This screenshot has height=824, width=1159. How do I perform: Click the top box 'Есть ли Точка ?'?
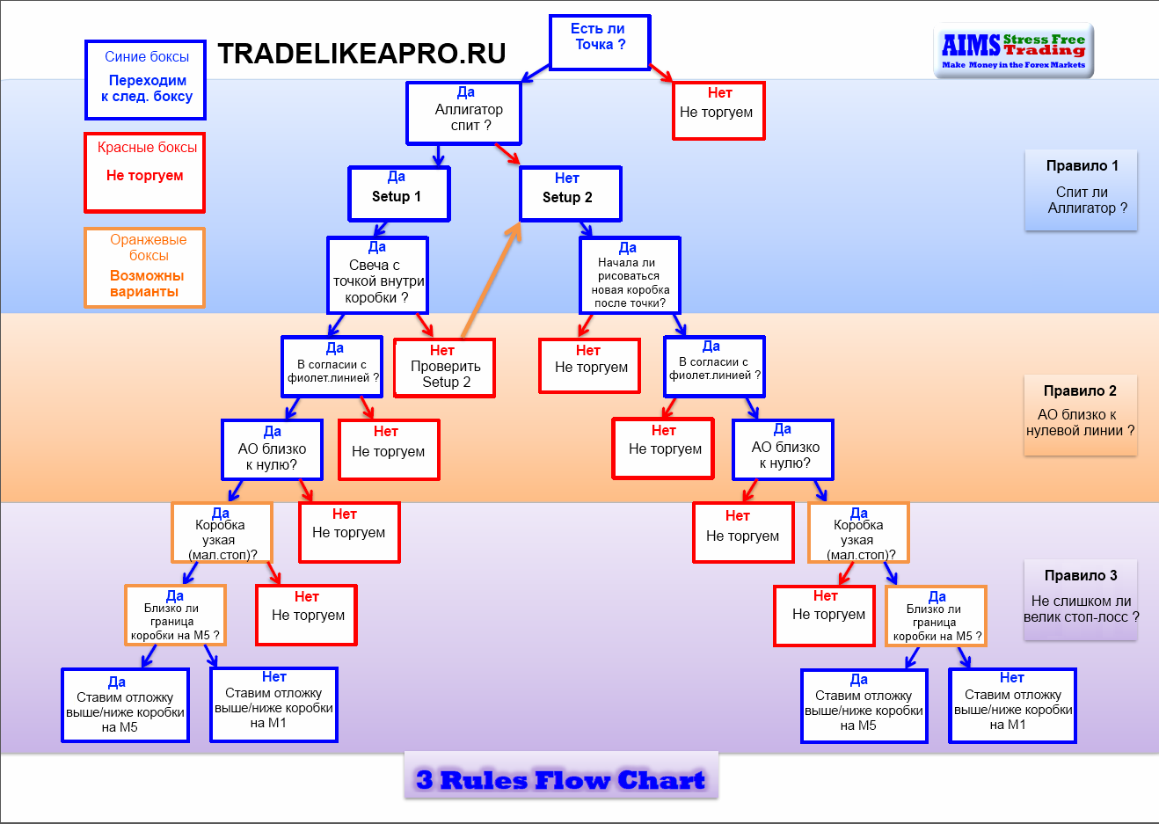click(x=600, y=42)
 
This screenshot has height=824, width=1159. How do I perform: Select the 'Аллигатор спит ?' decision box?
click(x=463, y=113)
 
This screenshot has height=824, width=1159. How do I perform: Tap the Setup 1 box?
click(x=399, y=193)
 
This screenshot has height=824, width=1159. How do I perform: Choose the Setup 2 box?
click(x=570, y=193)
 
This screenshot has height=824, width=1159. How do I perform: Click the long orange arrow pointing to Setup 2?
click(x=491, y=281)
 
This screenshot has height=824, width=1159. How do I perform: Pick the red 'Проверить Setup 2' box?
click(x=444, y=368)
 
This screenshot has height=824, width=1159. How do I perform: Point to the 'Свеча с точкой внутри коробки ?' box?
click(x=378, y=275)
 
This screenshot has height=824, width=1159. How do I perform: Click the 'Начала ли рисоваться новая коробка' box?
click(x=630, y=275)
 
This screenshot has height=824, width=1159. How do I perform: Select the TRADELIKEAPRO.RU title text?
click(x=361, y=54)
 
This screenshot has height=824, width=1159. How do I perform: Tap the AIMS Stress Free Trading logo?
click(x=1014, y=51)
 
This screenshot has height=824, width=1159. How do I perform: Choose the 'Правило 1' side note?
click(x=1081, y=190)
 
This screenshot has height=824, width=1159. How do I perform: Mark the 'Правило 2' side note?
click(x=1081, y=415)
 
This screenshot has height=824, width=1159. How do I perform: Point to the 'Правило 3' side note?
click(x=1081, y=600)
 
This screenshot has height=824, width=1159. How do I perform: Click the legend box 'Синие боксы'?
click(x=145, y=80)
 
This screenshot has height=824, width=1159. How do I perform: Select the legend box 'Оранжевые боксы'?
click(x=145, y=268)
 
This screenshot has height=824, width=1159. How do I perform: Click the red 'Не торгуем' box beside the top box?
click(x=718, y=111)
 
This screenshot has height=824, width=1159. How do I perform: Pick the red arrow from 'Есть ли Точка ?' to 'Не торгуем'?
click(x=660, y=73)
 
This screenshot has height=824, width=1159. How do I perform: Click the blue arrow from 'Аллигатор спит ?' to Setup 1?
click(x=439, y=156)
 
